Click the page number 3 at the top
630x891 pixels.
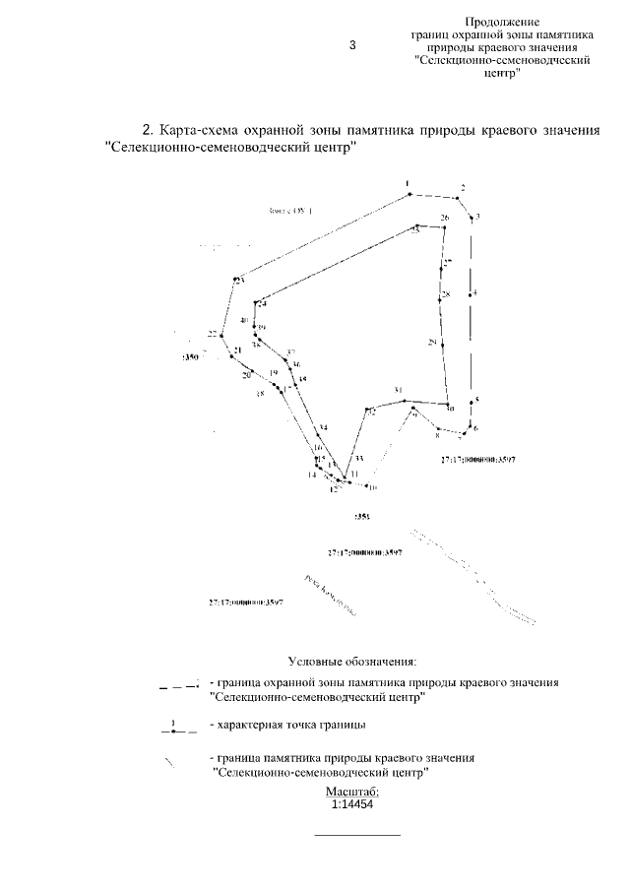pyautogui.click(x=352, y=45)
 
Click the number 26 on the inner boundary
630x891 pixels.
pyautogui.click(x=445, y=218)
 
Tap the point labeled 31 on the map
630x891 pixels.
pyautogui.click(x=399, y=391)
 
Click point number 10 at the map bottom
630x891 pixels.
pyautogui.click(x=372, y=486)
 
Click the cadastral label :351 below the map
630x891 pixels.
pyautogui.click(x=360, y=515)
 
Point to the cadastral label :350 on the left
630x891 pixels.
pyautogui.click(x=190, y=359)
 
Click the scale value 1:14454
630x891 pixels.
pyautogui.click(x=351, y=803)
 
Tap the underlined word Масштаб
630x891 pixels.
pyautogui.click(x=351, y=791)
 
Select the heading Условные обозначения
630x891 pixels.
pyautogui.click(x=352, y=660)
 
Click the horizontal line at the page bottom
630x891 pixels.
pyautogui.click(x=356, y=836)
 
